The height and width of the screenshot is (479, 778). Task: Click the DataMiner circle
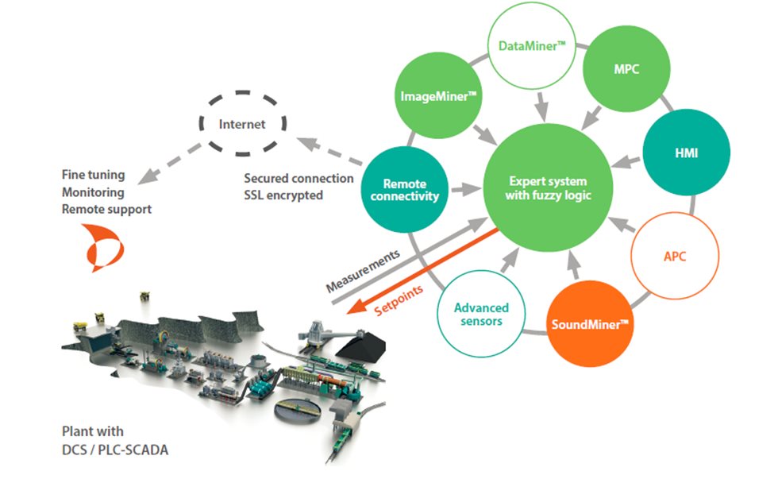pyautogui.click(x=532, y=48)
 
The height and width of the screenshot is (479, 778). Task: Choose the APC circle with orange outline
pyautogui.click(x=674, y=256)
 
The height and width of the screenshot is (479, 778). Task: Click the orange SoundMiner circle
pyautogui.click(x=591, y=323)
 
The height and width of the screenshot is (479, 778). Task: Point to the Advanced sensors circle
pyautogui.click(x=481, y=314)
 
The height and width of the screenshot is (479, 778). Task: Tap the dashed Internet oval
pyautogui.click(x=243, y=125)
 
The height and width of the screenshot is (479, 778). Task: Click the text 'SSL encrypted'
pyautogui.click(x=283, y=195)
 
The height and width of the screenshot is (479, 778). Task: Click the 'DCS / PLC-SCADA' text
pyautogui.click(x=116, y=450)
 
